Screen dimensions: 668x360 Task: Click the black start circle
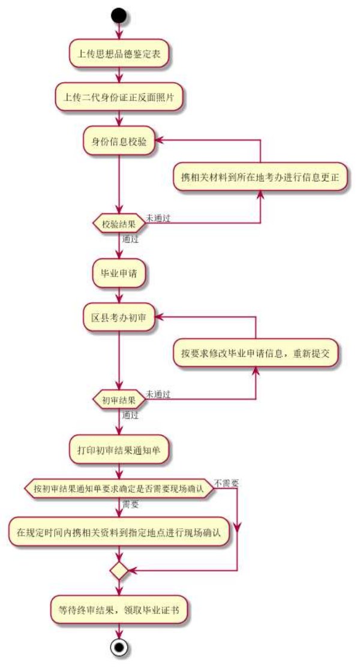(x=119, y=14)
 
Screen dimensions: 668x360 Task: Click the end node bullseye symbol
(x=119, y=648)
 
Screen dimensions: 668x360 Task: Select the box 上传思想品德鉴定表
(x=119, y=54)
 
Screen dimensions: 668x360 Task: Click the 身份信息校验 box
(x=119, y=142)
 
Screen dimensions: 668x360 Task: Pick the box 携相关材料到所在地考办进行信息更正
(x=260, y=177)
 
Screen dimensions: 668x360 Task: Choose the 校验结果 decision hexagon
(x=119, y=224)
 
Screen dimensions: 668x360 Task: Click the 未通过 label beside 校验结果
(x=158, y=218)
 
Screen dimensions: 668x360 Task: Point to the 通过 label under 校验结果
(x=130, y=239)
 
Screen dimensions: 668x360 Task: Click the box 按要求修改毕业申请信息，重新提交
(x=256, y=353)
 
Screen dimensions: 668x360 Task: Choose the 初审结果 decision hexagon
(x=119, y=399)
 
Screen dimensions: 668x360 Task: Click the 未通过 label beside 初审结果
(x=158, y=394)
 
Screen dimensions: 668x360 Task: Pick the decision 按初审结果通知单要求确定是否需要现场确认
(x=119, y=488)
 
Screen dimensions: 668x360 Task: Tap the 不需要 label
(x=226, y=483)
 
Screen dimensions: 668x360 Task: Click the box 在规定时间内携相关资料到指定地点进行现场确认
(x=119, y=532)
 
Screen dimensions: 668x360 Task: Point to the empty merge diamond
(x=119, y=571)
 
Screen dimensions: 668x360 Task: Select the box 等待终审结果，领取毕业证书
(x=119, y=610)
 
